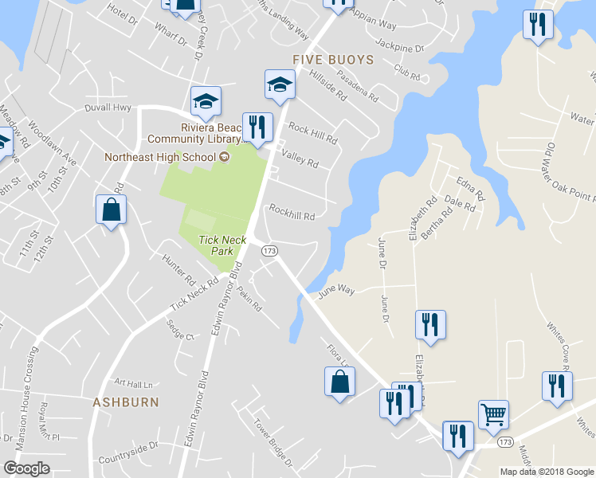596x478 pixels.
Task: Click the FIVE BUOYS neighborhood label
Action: tap(332, 60)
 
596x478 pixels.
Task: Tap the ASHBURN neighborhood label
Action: tap(125, 402)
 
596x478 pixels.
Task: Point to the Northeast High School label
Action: tap(161, 157)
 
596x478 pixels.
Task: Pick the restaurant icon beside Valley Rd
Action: tap(257, 127)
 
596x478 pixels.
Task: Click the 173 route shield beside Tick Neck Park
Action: tap(269, 251)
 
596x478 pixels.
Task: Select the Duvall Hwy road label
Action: tap(108, 108)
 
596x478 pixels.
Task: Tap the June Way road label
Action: tap(335, 292)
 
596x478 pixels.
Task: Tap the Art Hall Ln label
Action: tap(132, 382)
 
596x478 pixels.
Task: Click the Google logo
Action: tap(27, 468)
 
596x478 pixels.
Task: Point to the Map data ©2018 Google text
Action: tap(547, 472)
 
